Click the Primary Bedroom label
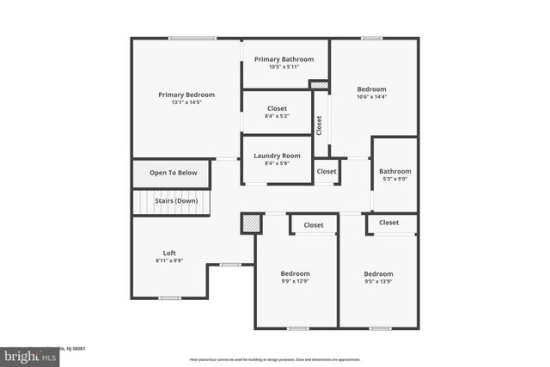186,95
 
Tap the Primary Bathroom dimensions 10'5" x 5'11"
284,67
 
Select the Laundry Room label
277,156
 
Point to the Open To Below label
174,173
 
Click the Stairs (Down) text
176,201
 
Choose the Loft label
169,253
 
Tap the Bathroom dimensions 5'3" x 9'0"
395,179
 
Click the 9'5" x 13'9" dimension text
378,281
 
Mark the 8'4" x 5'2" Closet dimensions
277,116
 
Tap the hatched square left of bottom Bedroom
251,223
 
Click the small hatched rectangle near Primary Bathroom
319,85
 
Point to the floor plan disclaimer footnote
275,359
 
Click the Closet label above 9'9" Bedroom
314,225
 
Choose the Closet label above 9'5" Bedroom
388,223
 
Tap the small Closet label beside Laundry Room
327,171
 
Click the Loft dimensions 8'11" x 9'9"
169,260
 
